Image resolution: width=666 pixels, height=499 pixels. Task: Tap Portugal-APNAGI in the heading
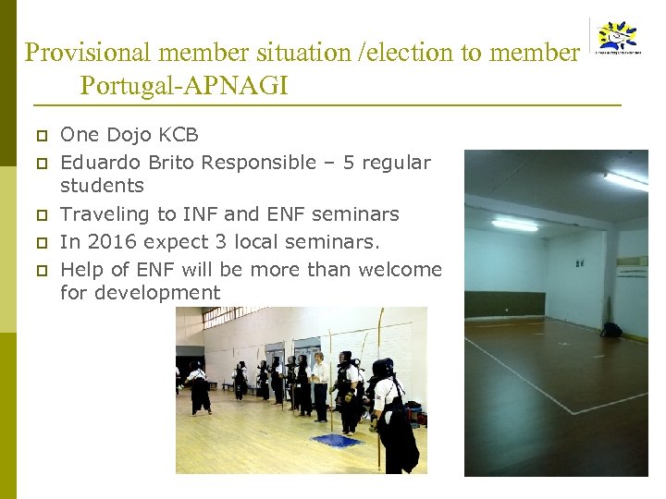click(x=183, y=86)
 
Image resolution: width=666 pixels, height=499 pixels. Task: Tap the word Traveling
click(x=101, y=214)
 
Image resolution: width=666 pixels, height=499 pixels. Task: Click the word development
click(x=141, y=294)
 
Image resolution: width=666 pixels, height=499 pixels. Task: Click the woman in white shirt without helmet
click(x=320, y=383)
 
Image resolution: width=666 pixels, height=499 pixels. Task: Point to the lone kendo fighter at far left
click(x=197, y=387)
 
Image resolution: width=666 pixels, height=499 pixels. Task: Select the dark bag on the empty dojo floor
click(x=611, y=329)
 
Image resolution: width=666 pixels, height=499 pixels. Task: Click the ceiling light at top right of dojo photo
click(x=625, y=181)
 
